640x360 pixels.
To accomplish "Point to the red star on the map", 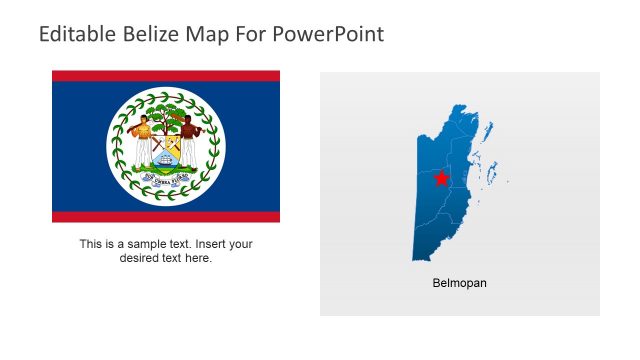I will (442, 179).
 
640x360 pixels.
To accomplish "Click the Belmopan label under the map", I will (459, 283).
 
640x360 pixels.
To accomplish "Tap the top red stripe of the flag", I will (166, 76).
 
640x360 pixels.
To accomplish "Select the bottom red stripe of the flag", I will (166, 216).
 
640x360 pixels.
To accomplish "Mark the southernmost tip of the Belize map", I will (417, 259).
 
